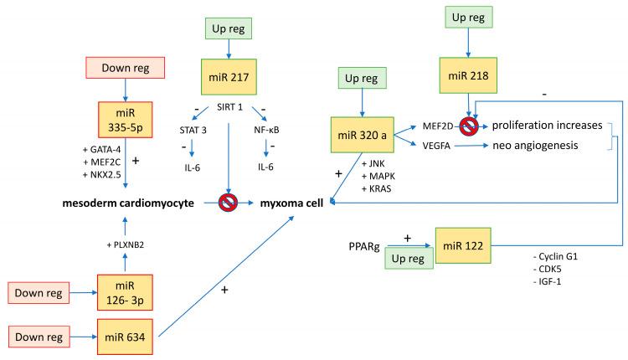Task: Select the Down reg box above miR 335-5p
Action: tap(124, 67)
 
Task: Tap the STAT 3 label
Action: tap(195, 131)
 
